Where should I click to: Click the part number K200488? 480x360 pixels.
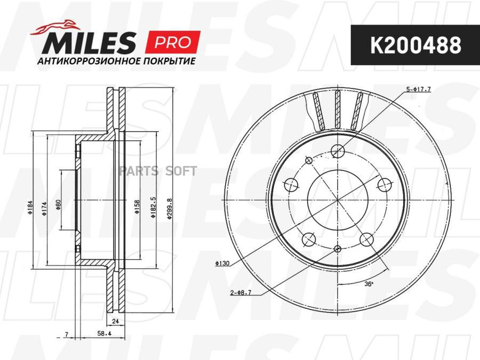[415, 45]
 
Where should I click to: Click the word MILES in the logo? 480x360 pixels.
[89, 42]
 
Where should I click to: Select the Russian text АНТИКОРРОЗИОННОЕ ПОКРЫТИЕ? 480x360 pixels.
[116, 61]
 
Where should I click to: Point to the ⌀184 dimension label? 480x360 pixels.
[30, 207]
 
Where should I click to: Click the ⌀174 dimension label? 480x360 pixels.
[44, 209]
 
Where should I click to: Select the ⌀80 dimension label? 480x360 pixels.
[59, 204]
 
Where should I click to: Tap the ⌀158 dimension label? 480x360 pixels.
[137, 206]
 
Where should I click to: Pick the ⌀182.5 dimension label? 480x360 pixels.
[153, 207]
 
